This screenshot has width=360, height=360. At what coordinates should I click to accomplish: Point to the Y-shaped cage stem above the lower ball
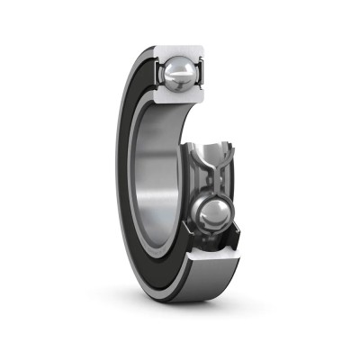point(216,184)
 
